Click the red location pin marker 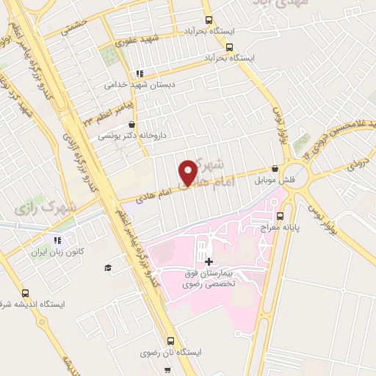[188, 173]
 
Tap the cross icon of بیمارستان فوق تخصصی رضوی [209, 262]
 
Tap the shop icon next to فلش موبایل [275, 167]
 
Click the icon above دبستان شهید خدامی [140, 73]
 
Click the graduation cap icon [108, 268]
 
